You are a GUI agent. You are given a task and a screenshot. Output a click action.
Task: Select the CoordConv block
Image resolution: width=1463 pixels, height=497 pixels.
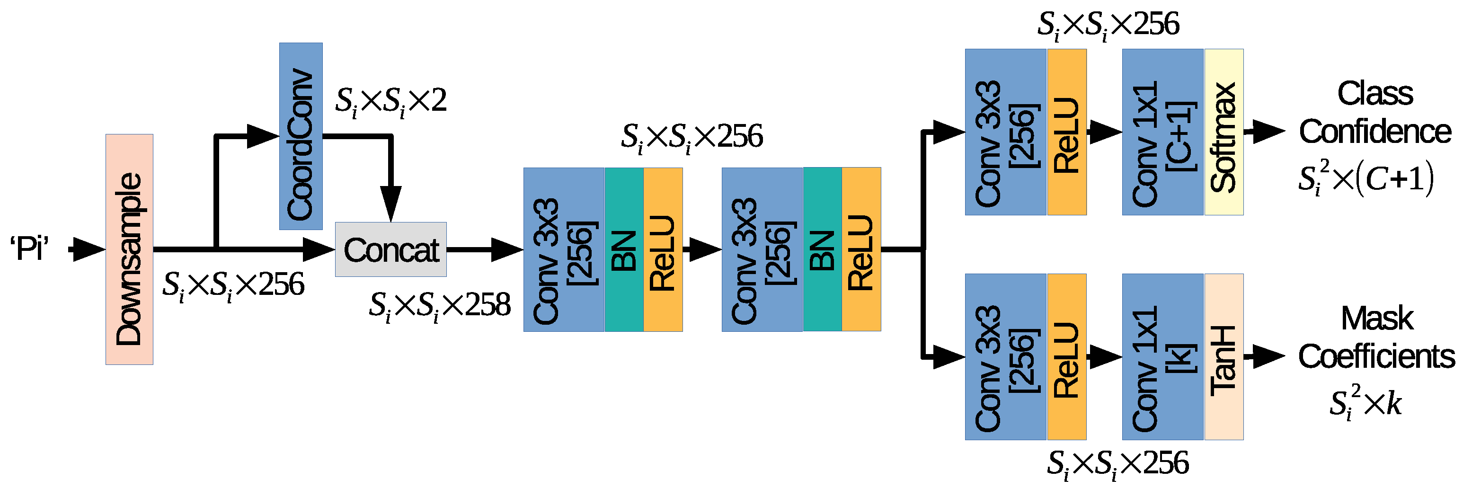pos(301,136)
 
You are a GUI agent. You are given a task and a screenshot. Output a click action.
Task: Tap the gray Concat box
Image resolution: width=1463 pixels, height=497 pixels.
pos(391,249)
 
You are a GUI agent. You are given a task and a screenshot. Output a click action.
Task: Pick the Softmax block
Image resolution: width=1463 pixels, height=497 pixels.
pos(1224,132)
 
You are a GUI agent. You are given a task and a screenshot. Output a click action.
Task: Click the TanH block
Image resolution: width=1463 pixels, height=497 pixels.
pos(1224,357)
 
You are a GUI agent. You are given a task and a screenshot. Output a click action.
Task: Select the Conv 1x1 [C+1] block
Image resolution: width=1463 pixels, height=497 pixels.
pos(1162,132)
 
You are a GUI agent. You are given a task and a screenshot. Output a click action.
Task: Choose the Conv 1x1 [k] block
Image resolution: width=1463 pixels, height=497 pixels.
pos(1162,357)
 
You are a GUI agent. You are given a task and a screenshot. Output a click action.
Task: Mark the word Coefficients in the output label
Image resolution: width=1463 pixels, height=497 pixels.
pos(1376,357)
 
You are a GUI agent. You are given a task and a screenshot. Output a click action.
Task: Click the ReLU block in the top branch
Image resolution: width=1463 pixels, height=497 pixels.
pos(1066,132)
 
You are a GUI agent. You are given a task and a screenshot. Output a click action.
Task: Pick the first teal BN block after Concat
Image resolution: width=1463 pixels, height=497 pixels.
pos(624,249)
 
